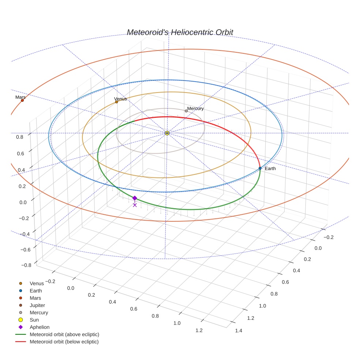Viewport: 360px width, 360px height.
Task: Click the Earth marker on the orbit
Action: coord(260,168)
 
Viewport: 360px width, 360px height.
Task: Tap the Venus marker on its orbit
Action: coord(117,102)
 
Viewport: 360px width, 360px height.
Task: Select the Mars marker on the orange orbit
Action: coord(22,100)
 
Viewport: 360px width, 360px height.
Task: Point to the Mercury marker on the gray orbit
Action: coord(186,111)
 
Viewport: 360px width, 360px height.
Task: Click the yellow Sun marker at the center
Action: coord(167,133)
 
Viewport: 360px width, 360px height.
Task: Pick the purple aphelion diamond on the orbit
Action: coord(135,198)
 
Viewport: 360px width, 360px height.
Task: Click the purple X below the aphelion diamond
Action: coord(135,205)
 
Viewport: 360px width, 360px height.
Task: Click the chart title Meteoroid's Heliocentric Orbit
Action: coord(180,33)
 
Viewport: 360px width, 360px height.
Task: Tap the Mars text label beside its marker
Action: coord(20,97)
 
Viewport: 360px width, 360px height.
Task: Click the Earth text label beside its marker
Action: coord(270,169)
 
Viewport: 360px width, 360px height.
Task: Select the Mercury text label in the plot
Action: coord(195,108)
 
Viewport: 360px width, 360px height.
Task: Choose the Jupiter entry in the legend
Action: coord(37,305)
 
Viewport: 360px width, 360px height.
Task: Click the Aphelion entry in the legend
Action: coord(40,327)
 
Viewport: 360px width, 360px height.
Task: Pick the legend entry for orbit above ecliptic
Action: coord(64,334)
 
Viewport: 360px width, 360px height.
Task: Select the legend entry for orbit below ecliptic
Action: coord(64,342)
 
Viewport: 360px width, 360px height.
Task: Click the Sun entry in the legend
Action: coord(34,320)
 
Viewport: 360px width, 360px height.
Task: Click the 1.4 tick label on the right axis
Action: coord(239,331)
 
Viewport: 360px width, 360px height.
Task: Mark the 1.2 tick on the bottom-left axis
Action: coord(199,330)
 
